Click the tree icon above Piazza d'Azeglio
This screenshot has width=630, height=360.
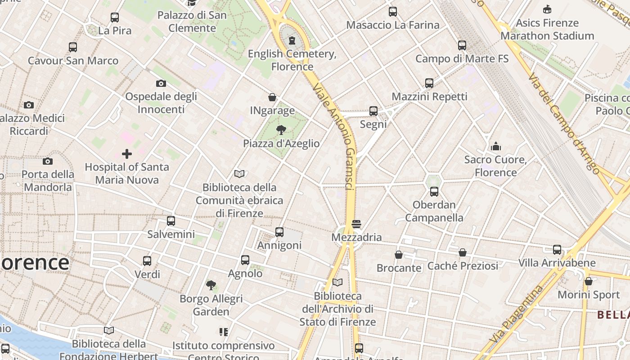281,130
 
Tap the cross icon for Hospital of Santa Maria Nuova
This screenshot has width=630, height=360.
127,154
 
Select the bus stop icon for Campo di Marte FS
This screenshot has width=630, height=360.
462,45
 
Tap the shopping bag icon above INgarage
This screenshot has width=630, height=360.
272,97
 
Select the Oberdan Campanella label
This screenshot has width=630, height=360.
434,211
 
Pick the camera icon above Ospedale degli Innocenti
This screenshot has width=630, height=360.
161,83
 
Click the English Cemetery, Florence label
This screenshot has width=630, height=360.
292,60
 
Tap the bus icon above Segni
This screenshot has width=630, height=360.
373,111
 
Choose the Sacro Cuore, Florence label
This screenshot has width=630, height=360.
496,166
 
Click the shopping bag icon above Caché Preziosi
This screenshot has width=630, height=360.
463,252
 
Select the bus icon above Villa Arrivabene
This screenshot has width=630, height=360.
557,250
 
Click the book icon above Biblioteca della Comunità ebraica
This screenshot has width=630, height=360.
239,174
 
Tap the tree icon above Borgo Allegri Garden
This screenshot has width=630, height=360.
211,285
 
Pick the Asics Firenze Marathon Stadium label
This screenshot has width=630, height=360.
547,29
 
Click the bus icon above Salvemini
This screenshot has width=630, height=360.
171,221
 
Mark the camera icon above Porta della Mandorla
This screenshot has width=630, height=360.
48,161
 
